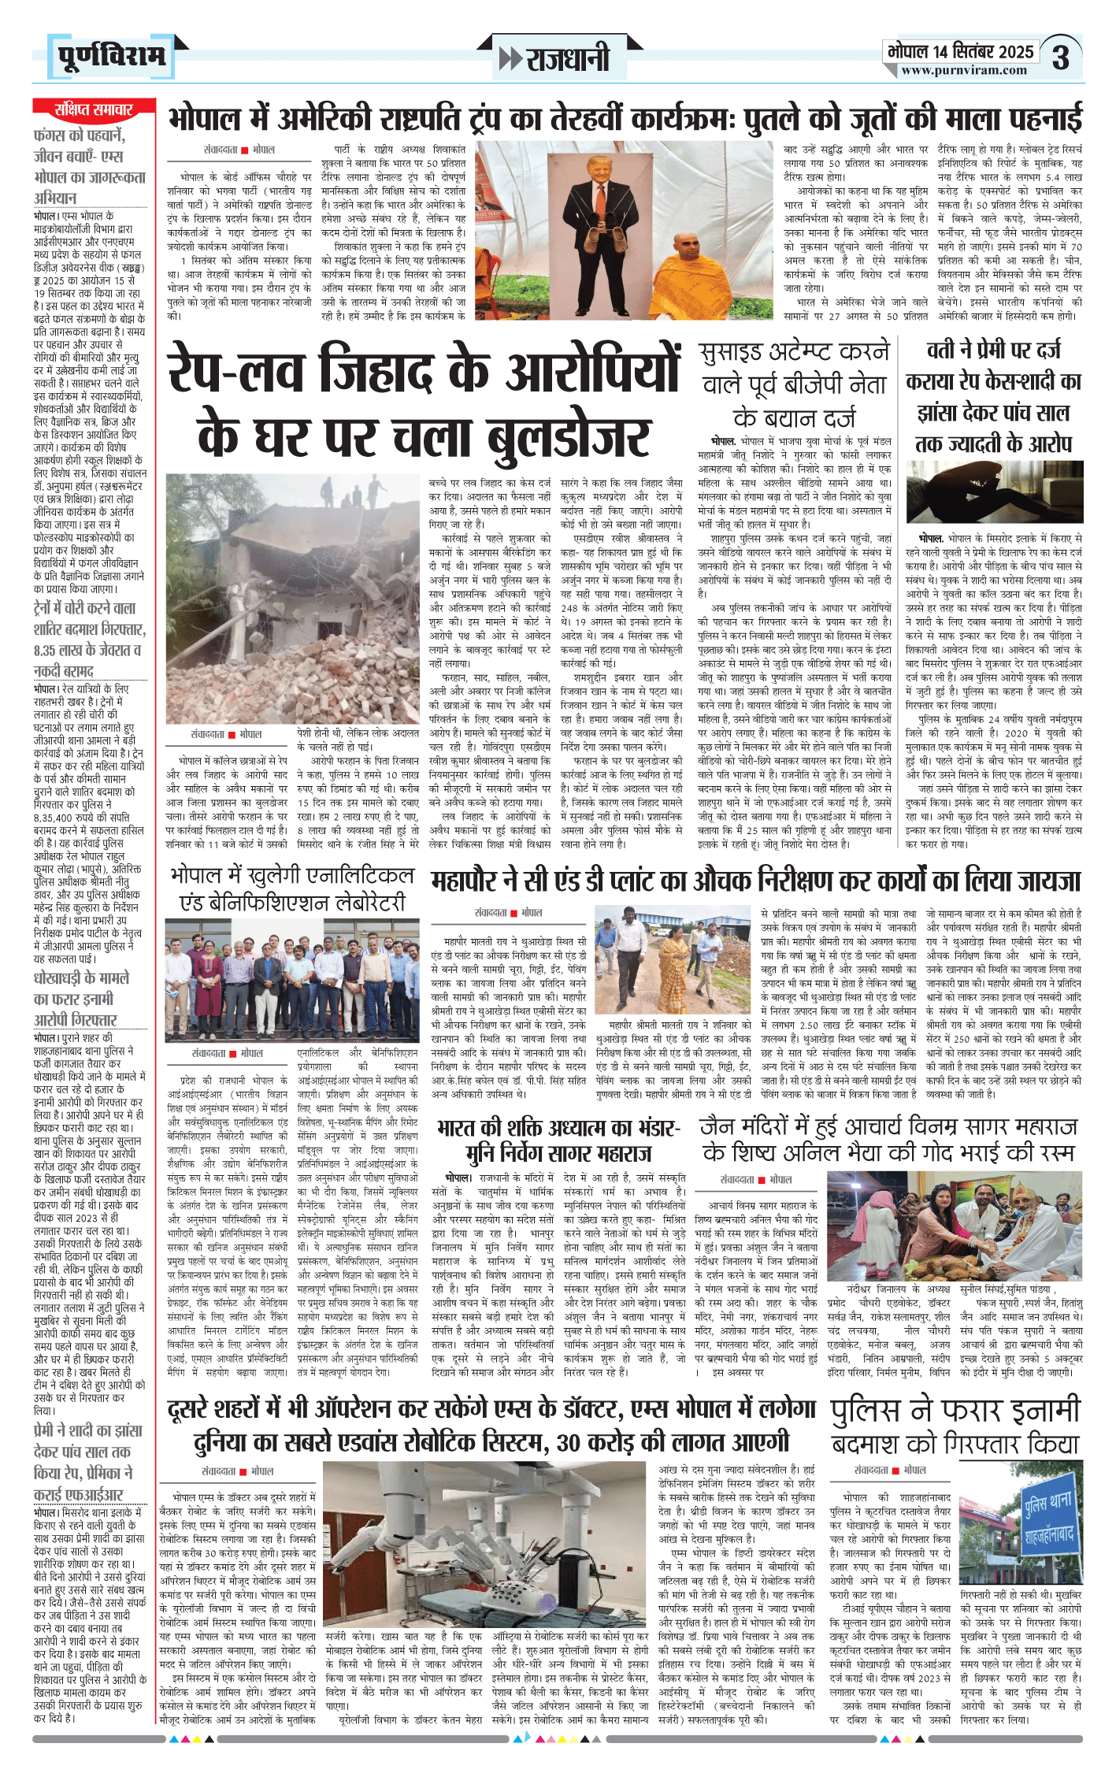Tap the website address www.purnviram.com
coord(964,70)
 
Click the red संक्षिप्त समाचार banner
coord(94,109)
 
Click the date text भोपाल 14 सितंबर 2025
coord(960,52)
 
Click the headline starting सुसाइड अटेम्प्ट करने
coord(794,351)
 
